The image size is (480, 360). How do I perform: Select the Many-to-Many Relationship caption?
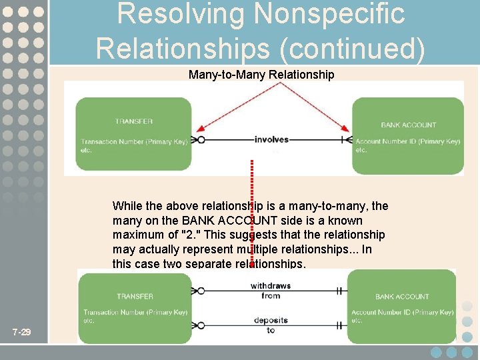[261, 75]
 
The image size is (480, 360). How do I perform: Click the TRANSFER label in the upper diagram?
[133, 121]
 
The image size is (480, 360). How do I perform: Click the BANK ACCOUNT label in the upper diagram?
[408, 125]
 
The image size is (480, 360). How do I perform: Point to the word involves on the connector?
[271, 139]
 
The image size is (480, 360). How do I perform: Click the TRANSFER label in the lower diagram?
[135, 296]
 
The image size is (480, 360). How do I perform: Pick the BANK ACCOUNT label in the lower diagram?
[402, 297]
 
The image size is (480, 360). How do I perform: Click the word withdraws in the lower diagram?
[270, 286]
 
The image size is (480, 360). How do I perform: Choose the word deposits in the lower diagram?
[271, 321]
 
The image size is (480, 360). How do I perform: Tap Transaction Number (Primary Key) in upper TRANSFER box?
[134, 141]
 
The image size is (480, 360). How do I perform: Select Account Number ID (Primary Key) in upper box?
[407, 141]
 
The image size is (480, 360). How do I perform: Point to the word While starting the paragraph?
[128, 206]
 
